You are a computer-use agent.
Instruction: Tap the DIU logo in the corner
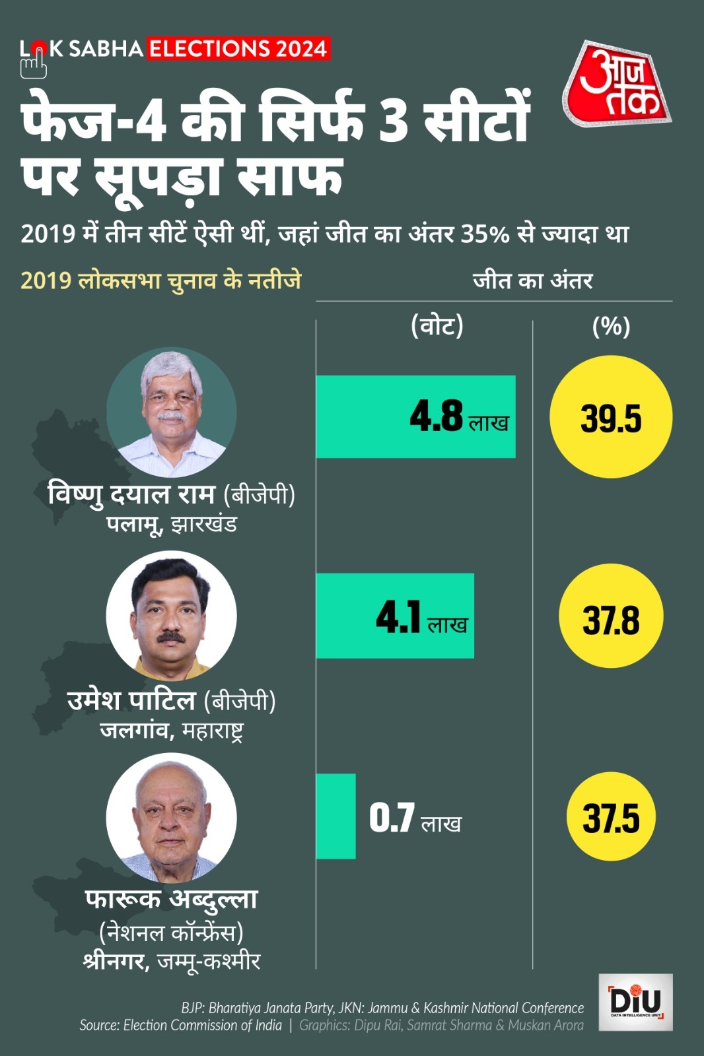tap(635, 1002)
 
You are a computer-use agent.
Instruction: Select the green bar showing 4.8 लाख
tap(415, 416)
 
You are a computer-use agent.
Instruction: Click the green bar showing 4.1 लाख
tap(394, 616)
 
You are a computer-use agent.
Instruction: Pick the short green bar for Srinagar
tap(335, 816)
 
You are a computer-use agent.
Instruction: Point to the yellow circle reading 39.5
tap(611, 417)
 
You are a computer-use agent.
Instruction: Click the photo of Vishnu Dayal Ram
tap(172, 412)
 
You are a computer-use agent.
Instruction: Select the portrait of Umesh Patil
tap(172, 616)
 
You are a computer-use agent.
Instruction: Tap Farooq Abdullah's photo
tap(172, 818)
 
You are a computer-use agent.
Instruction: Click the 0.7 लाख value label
tap(415, 818)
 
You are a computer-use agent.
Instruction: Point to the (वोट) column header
tap(437, 325)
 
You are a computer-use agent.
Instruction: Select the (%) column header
tap(611, 326)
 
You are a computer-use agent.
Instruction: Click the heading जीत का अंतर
tap(532, 281)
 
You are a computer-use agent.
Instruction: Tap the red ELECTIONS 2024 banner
tap(238, 49)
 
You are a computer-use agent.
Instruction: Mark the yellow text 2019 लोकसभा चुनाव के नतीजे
tap(160, 280)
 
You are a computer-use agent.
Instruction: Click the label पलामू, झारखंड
tap(172, 525)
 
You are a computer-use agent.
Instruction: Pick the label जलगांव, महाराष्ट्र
tap(172, 731)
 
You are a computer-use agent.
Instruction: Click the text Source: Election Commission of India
tap(180, 1025)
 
